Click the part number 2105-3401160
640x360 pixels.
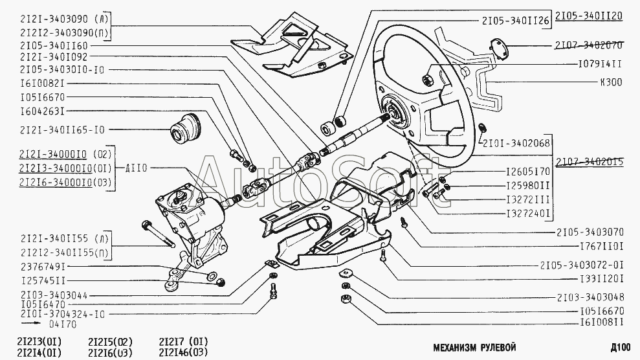tap(55, 46)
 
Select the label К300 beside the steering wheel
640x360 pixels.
tap(611, 82)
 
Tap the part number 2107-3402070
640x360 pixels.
tap(588, 46)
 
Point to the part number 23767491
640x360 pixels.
tap(44, 267)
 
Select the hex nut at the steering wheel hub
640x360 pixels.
tap(428, 80)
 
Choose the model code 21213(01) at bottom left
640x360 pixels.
tap(39, 341)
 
